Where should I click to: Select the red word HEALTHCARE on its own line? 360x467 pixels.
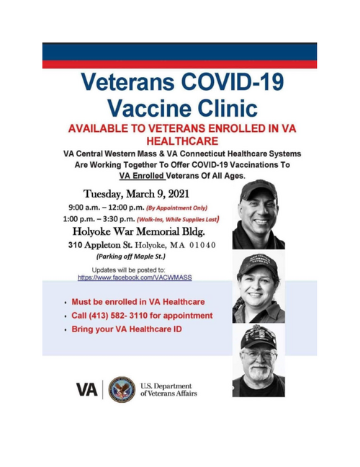point(182,141)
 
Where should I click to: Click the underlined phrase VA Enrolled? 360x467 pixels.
point(142,176)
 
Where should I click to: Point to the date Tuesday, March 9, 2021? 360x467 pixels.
point(136,194)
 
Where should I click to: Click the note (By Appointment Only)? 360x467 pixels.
point(176,208)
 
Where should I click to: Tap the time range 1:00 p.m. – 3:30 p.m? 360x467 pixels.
point(99,219)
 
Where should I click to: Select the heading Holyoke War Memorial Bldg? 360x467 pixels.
point(139,231)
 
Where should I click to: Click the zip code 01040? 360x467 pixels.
point(202,245)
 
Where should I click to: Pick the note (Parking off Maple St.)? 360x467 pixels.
point(130,257)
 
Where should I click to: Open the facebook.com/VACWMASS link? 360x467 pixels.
point(135,277)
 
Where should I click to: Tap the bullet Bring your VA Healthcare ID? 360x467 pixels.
point(127,329)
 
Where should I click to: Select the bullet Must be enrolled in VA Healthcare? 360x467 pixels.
point(138,302)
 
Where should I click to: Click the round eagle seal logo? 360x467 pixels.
point(122,389)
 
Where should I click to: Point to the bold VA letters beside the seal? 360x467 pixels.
point(87,390)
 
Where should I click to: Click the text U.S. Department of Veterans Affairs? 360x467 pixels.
point(168,390)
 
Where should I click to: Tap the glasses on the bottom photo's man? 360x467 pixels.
point(259,355)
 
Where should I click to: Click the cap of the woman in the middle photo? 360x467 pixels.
point(258,263)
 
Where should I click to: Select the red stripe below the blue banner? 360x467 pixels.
point(179,64)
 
